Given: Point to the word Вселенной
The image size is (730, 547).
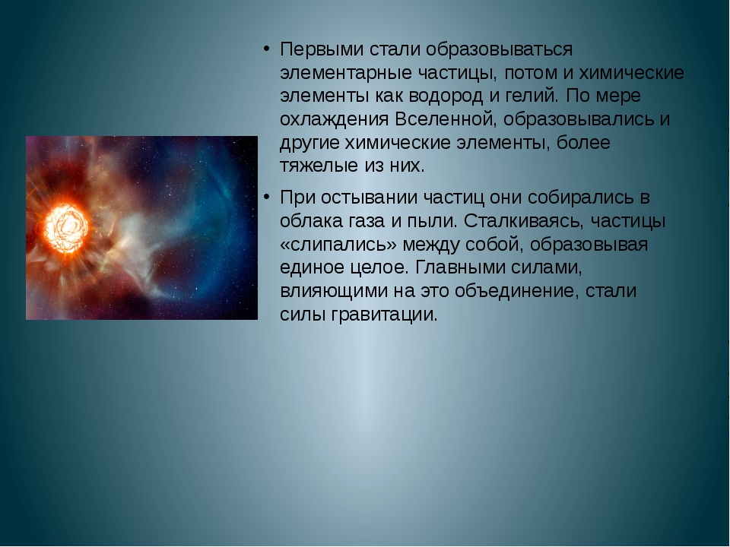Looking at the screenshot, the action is pyautogui.click(x=446, y=119).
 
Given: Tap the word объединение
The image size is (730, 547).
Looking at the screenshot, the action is pyautogui.click(x=517, y=292).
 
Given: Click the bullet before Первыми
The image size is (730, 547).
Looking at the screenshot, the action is pyautogui.click(x=266, y=49).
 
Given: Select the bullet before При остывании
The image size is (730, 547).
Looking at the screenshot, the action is pyautogui.click(x=266, y=198).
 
